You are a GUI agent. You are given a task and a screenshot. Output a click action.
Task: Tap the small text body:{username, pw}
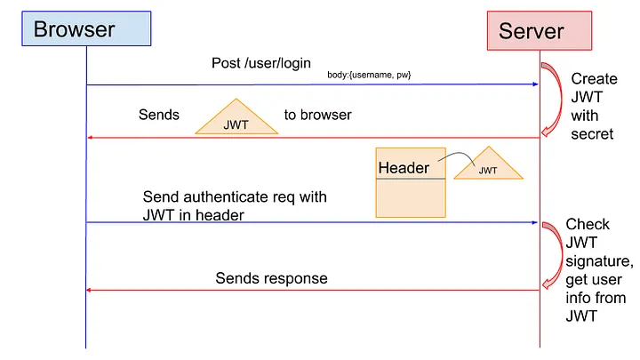click(369, 75)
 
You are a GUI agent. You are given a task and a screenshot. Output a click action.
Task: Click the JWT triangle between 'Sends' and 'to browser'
click(236, 120)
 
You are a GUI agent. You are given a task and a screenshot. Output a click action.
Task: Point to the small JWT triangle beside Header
click(488, 166)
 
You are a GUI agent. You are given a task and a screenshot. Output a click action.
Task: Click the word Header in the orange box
click(404, 168)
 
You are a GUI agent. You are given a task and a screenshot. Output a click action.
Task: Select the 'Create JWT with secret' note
click(593, 107)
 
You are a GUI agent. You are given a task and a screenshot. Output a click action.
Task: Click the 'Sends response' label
click(271, 278)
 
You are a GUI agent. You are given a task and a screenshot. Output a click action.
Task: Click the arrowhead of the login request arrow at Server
click(535, 84)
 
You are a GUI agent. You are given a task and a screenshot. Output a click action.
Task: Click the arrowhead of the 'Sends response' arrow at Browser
click(90, 290)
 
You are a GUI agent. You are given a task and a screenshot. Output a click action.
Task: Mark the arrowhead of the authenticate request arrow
click(535, 222)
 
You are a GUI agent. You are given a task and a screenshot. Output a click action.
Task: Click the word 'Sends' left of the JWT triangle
click(159, 115)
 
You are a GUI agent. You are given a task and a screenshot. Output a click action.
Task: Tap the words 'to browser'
click(317, 115)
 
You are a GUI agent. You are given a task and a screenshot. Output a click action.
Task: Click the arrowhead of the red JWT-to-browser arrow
click(90, 138)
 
